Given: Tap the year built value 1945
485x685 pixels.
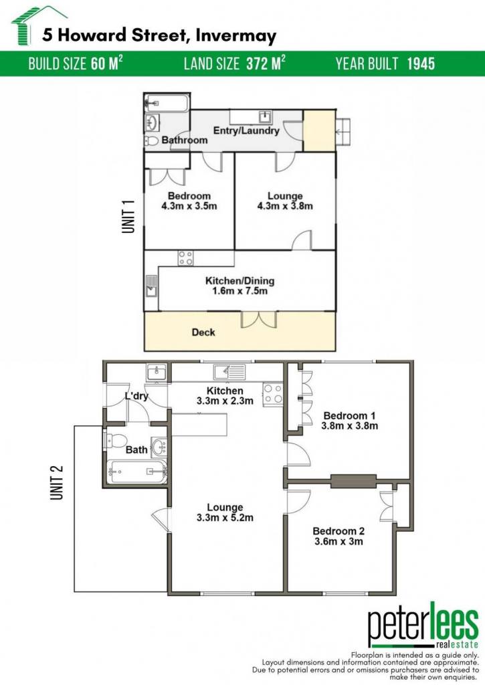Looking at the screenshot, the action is tap(421, 64).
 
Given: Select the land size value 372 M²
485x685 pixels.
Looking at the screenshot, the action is tap(266, 64).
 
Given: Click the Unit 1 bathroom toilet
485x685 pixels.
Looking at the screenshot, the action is tap(151, 140).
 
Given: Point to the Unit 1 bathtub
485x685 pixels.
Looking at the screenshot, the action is tap(167, 104).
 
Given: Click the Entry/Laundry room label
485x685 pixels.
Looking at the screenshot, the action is tap(246, 130).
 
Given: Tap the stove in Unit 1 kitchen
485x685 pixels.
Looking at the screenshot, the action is tap(185, 258).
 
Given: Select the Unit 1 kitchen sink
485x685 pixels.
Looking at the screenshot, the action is tap(151, 286).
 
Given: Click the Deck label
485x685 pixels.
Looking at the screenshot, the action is tap(203, 332).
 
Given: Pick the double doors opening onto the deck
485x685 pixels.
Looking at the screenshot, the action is tap(259, 319).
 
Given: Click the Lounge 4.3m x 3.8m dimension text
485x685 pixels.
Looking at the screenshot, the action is tap(285, 206).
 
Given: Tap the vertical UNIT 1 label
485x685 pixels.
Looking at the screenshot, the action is tap(128, 217).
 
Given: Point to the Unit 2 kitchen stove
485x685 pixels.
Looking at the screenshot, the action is tap(273, 393).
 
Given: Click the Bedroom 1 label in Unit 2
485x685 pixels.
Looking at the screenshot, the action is tap(349, 415).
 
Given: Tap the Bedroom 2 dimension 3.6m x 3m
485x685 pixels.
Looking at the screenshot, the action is tap(338, 541).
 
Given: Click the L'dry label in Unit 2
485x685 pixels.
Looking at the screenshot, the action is tap(136, 396).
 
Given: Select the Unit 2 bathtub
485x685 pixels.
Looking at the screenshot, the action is tap(137, 472).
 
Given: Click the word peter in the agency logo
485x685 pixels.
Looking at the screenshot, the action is tap(399, 625).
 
